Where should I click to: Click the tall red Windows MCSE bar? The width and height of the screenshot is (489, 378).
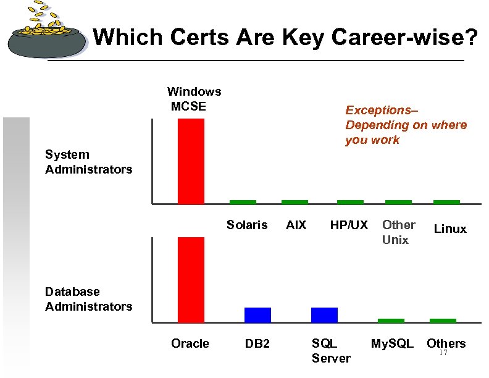pyautogui.click(x=191, y=161)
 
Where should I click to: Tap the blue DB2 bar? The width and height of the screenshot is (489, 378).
pyautogui.click(x=257, y=315)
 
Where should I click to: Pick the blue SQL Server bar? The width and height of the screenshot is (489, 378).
pyautogui.click(x=324, y=315)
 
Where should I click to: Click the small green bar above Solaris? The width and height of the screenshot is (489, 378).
pyautogui.click(x=243, y=202)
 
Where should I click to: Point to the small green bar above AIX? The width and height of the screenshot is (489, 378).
pyautogui.click(x=295, y=202)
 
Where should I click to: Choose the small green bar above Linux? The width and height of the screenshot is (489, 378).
pyautogui.click(x=446, y=202)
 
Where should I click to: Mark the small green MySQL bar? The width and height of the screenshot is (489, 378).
pyautogui.click(x=391, y=321)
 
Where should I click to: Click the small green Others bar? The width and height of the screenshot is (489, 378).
pyautogui.click(x=443, y=321)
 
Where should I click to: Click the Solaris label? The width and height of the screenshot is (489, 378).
pyautogui.click(x=247, y=225)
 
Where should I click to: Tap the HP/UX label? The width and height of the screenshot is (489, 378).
pyautogui.click(x=349, y=225)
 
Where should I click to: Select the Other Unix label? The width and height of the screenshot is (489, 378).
pyautogui.click(x=398, y=232)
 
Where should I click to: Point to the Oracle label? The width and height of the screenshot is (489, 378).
pyautogui.click(x=190, y=343)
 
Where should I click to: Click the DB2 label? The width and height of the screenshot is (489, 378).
pyautogui.click(x=257, y=343)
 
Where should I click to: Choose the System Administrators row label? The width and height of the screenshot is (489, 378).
pyautogui.click(x=88, y=162)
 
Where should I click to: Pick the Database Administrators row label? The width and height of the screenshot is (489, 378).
pyautogui.click(x=88, y=299)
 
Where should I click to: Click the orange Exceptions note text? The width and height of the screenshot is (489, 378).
pyautogui.click(x=406, y=125)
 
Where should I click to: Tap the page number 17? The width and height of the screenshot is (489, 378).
pyautogui.click(x=443, y=353)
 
